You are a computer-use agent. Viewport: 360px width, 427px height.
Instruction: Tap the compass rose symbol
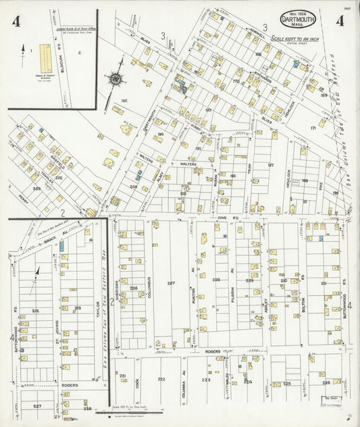pos(116,78)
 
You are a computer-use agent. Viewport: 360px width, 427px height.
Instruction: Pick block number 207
pos(171,282)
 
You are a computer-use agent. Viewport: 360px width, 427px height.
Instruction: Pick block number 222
pos(161,379)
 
